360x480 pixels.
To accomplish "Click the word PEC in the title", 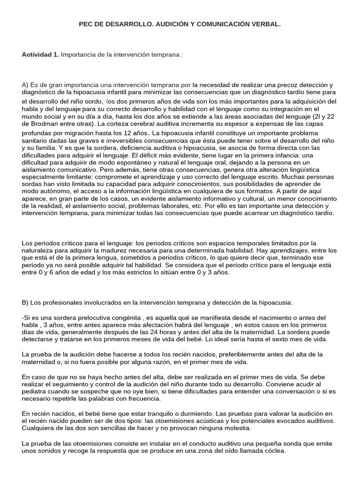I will click(x=86, y=23).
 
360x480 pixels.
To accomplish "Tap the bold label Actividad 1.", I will click(x=40, y=54).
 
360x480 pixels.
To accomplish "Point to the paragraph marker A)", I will click(x=25, y=85).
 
